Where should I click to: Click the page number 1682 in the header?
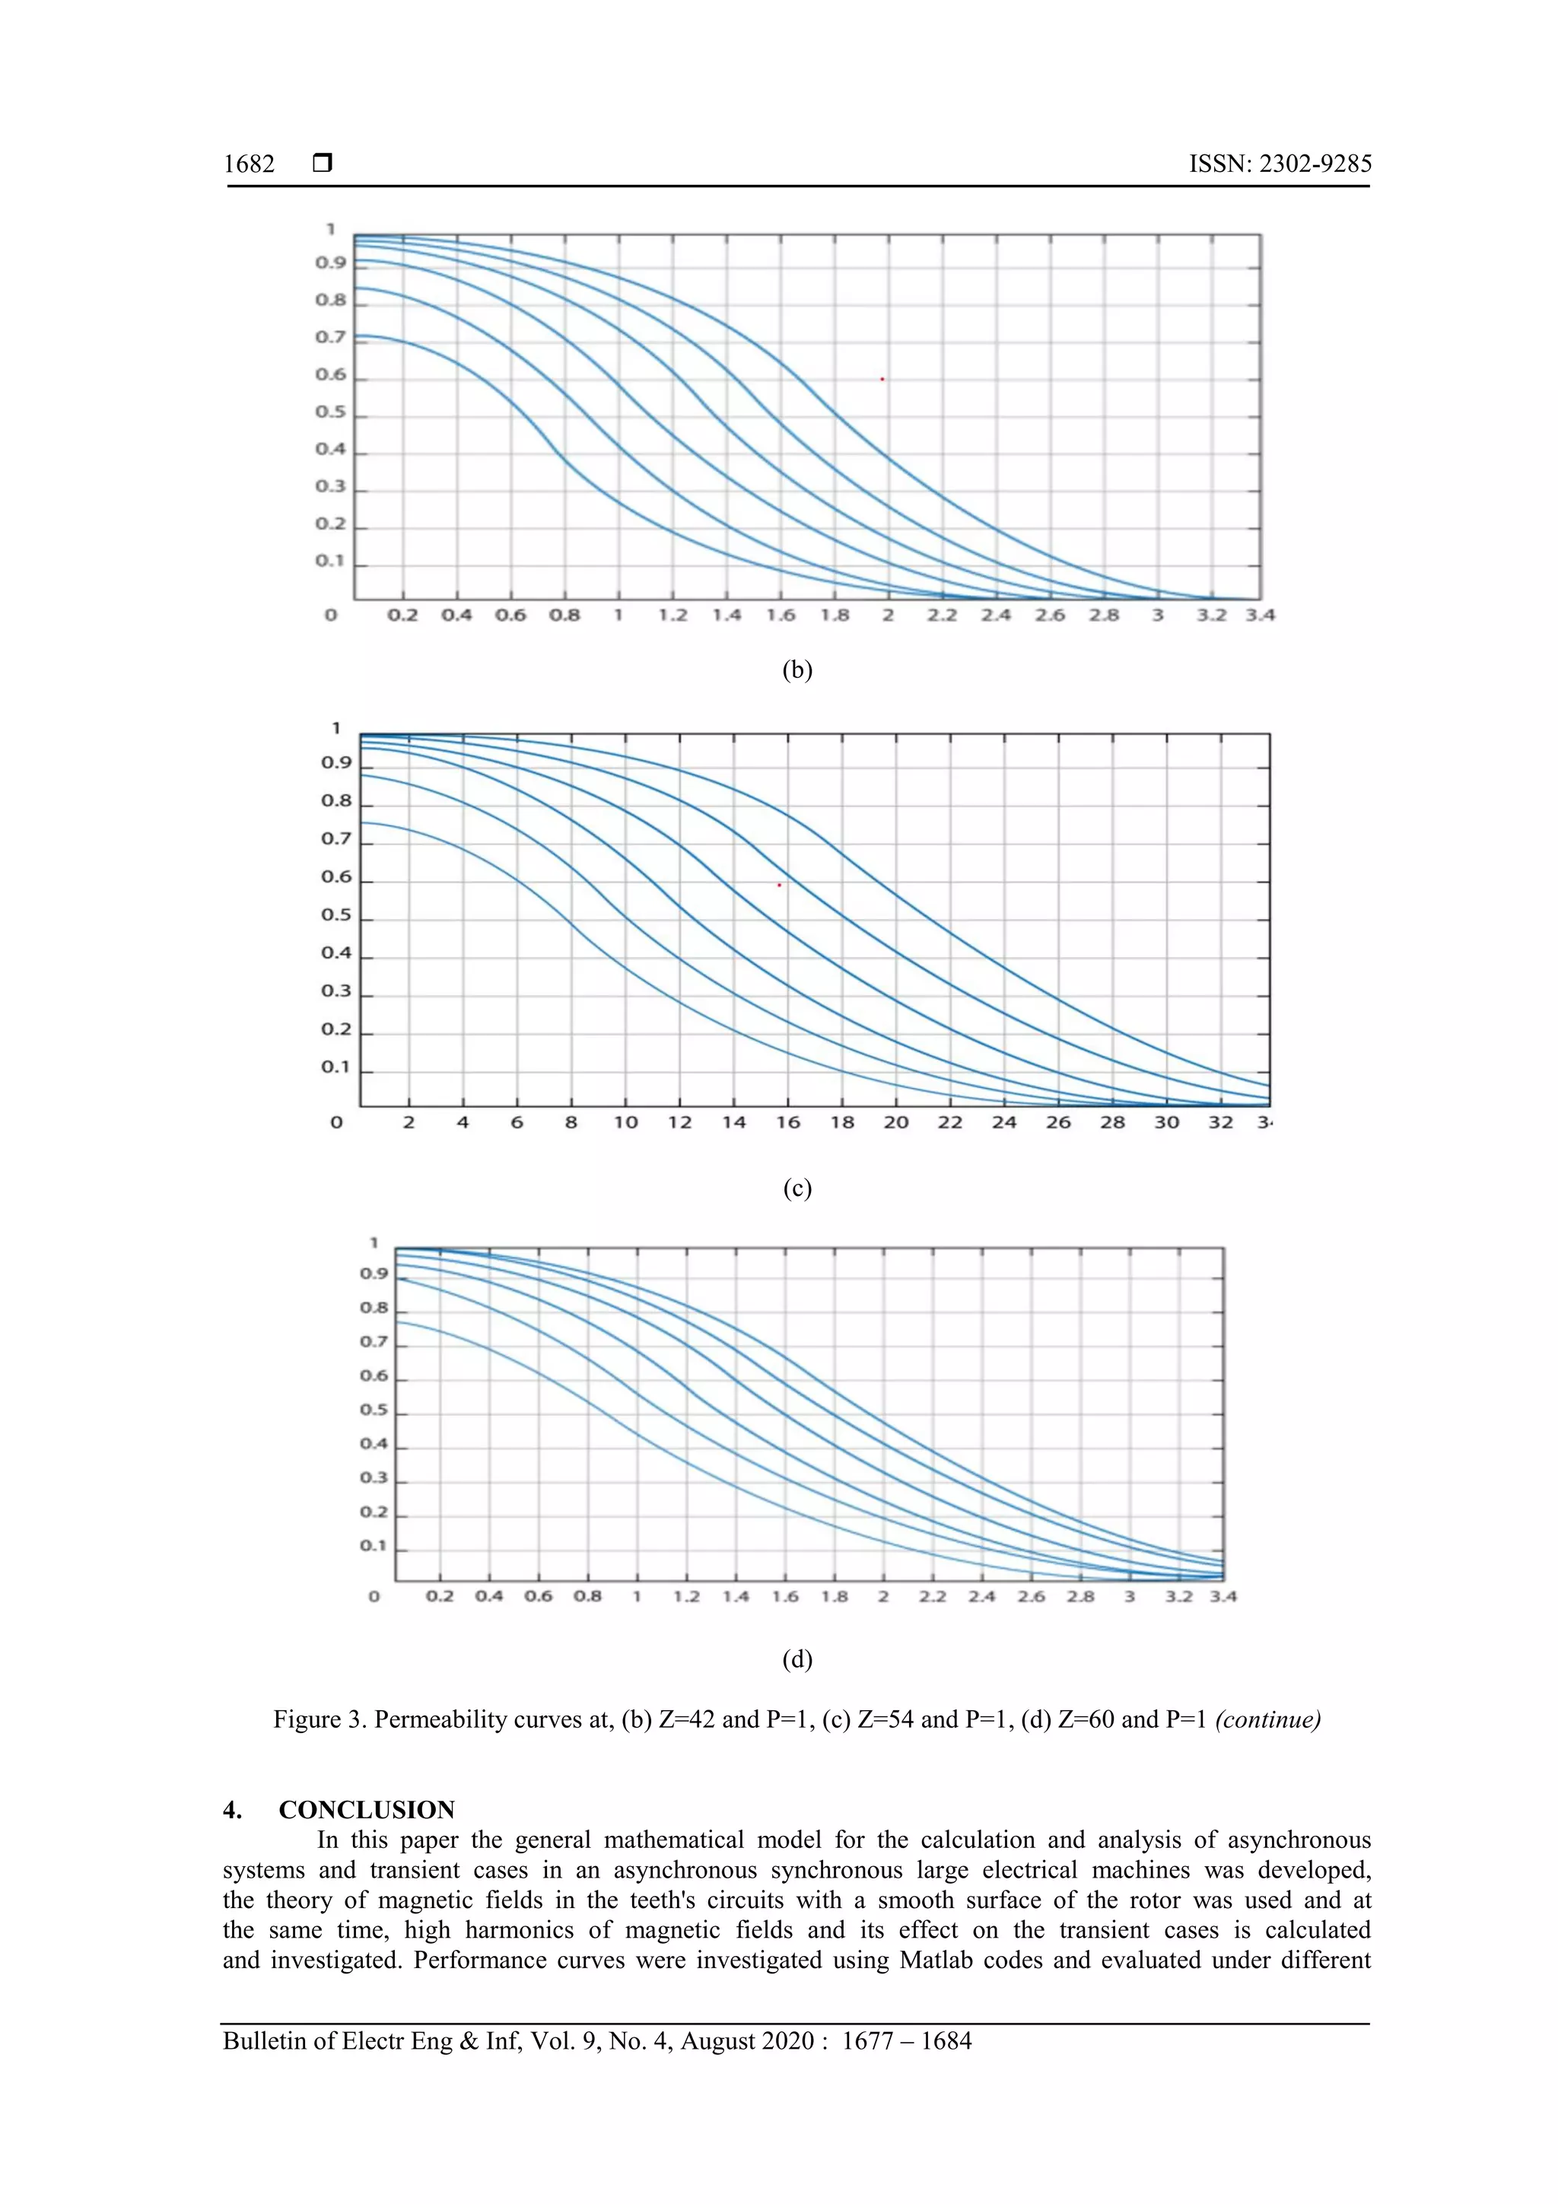click(249, 164)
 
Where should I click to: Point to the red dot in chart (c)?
click(778, 885)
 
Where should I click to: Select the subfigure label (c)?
click(796, 1188)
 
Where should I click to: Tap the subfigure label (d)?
click(796, 1659)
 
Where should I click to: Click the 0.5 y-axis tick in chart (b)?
click(330, 412)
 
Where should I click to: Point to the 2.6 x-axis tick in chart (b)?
click(1049, 615)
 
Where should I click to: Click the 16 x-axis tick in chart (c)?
click(788, 1122)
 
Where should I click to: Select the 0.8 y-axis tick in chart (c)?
click(336, 800)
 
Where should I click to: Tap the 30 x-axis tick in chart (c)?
click(1166, 1122)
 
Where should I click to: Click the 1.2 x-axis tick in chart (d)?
click(686, 1596)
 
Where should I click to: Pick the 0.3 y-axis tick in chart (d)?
click(374, 1477)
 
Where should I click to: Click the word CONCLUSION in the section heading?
click(367, 1809)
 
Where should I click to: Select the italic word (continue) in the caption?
click(1267, 1719)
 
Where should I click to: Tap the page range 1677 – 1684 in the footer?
click(906, 2041)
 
